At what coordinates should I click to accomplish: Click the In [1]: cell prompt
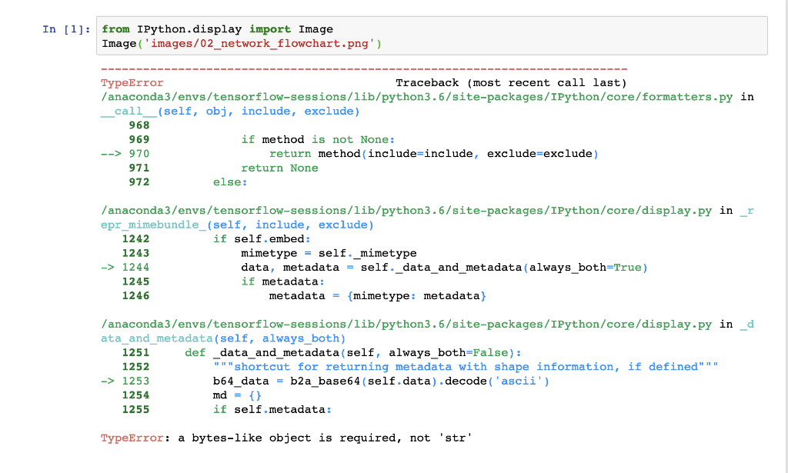click(65, 29)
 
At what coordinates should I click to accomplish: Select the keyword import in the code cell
click(269, 29)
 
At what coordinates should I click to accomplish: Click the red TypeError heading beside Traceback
click(132, 82)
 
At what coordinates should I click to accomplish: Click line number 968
click(139, 125)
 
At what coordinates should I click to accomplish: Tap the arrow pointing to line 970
click(112, 154)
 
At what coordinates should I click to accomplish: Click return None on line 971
click(279, 168)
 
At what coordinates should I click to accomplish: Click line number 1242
click(136, 239)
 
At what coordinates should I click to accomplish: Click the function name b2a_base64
click(321, 381)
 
